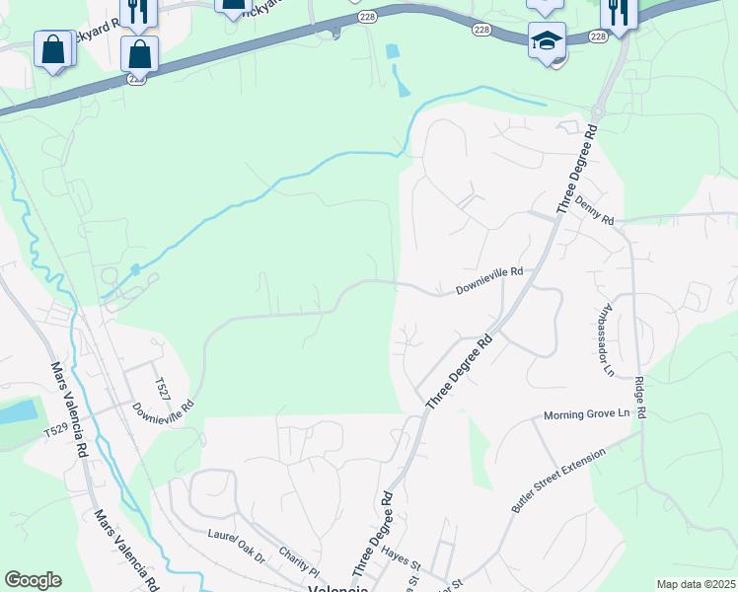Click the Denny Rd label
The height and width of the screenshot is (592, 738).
tap(595, 213)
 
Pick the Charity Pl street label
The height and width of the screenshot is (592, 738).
tap(300, 563)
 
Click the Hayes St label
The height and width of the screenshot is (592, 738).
tap(402, 559)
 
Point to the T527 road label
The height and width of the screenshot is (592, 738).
tap(162, 388)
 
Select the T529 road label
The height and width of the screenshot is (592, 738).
tap(58, 431)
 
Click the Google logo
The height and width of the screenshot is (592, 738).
tap(33, 580)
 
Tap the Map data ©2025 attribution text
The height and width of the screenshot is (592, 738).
tap(695, 584)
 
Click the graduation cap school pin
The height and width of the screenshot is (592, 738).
tap(547, 41)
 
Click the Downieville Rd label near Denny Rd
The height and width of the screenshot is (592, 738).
tap(487, 285)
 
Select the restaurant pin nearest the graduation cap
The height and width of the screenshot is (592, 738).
tap(619, 12)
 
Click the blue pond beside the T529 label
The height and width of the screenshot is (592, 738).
tap(17, 413)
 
